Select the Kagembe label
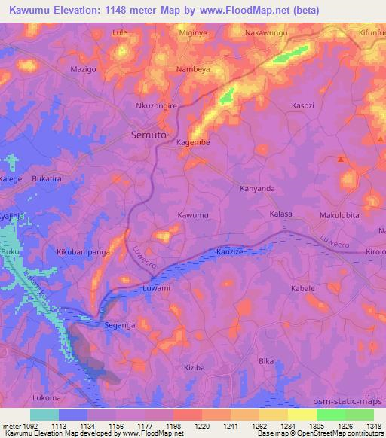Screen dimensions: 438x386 192,141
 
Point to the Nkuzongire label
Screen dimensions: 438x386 156,106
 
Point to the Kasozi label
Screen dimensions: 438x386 303,106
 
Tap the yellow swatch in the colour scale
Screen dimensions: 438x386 302,415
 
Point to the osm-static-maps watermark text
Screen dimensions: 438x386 351,400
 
